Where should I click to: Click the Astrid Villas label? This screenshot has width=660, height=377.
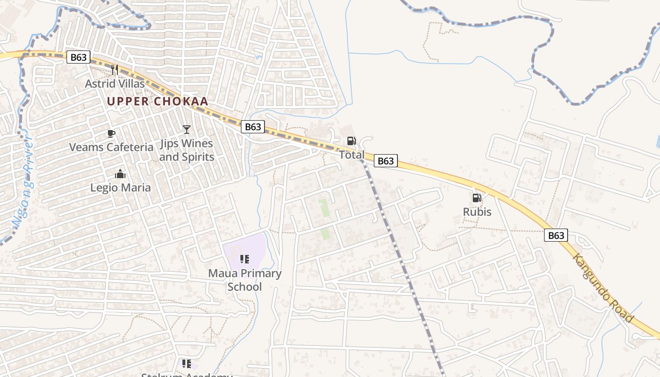[x=115, y=84]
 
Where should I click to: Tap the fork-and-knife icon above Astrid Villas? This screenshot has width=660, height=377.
[x=114, y=70]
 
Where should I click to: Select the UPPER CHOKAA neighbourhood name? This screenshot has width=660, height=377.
[x=157, y=101]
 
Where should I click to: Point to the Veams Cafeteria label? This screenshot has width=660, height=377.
[x=111, y=147]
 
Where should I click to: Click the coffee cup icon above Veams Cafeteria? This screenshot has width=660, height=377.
[x=111, y=133]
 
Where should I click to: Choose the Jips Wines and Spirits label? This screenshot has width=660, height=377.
[x=187, y=150]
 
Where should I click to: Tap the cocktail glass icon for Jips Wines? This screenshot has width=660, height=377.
[x=187, y=129]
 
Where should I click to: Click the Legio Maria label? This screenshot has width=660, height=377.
[x=121, y=188]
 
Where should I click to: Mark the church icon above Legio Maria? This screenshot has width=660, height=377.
[x=120, y=174]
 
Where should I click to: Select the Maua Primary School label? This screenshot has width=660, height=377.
[x=245, y=280]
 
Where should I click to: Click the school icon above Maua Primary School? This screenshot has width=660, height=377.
[x=244, y=259]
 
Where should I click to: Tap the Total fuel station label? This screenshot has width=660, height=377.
[x=352, y=155]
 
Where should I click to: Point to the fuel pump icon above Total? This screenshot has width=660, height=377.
[x=351, y=141]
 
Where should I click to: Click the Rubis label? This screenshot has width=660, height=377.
[x=477, y=212]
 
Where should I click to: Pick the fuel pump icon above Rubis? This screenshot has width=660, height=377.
[x=477, y=198]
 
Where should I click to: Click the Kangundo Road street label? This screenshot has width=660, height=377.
[x=603, y=288]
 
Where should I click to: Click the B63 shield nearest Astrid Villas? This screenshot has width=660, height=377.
[x=78, y=57]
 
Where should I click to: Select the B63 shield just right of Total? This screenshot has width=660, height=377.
[x=386, y=161]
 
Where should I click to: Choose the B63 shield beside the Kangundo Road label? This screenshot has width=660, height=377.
[x=556, y=235]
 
